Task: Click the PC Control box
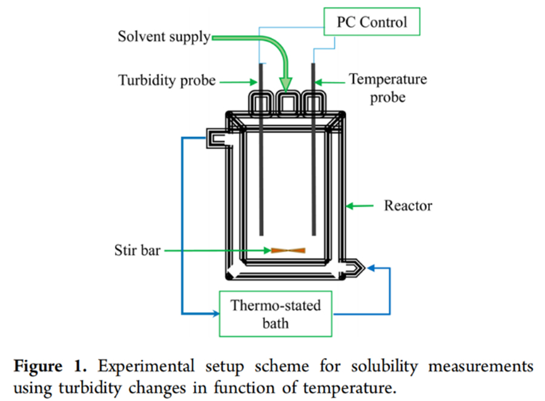[x=371, y=22]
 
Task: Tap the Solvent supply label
[x=163, y=37]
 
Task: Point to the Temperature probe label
[x=388, y=88]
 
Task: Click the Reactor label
[x=408, y=206]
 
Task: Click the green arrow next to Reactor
[x=360, y=207]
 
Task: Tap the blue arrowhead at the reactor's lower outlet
[x=371, y=267]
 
